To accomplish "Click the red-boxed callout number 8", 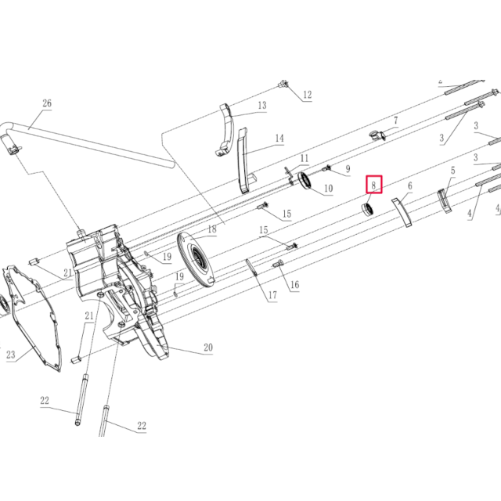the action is tap(373, 185).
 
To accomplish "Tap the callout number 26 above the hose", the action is tap(47, 103).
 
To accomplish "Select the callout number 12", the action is tap(307, 95).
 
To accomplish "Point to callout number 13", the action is tap(262, 105).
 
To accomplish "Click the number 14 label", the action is tap(279, 138).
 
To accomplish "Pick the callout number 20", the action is tap(208, 347).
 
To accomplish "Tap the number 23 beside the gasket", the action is tap(10, 355).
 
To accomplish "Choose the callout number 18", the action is tap(212, 229).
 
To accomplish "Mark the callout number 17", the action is tap(272, 295).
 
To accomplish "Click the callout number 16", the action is tap(294, 284).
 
